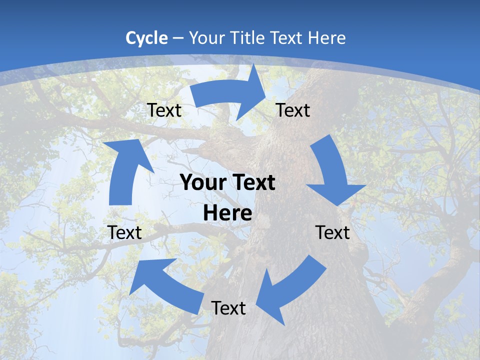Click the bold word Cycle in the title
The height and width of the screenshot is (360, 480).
coord(146,38)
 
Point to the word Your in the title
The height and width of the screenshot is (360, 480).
coord(207,38)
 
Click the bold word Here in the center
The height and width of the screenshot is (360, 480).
coord(227,213)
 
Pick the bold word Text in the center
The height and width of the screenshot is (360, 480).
coord(253,183)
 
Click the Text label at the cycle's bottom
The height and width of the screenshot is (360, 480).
coord(228,308)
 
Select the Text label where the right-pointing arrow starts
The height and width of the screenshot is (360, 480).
coord(164,110)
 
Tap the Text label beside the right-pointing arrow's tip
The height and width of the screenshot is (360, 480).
coord(293,110)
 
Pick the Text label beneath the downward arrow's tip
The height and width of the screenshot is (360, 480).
coord(332,232)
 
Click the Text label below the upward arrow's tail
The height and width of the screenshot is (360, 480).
coord(124,232)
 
